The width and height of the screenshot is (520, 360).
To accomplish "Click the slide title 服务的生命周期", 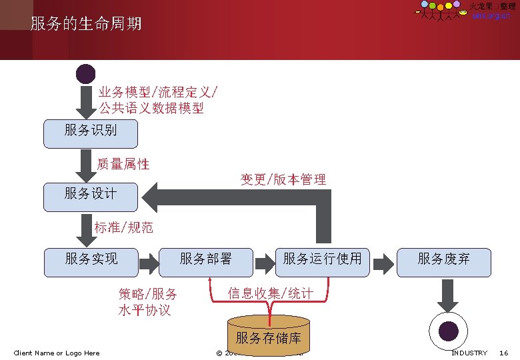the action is point(86,25).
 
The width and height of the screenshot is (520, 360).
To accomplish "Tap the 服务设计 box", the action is point(91,195).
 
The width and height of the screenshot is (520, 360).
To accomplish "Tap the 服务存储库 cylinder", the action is point(269,337).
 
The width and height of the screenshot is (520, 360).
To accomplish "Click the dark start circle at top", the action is point(86,74).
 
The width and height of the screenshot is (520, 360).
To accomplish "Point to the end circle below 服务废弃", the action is point(447,330).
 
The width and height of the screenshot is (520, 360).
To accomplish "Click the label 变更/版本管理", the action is point(283,179).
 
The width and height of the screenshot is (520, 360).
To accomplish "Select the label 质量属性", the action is point(123,164).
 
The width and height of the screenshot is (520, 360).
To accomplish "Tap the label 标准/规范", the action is point(124,228).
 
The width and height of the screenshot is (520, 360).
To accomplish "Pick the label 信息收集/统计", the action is point(270,293).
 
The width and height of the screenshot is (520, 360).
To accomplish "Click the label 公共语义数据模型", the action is point(151,108).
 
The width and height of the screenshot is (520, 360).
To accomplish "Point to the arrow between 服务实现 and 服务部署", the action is point(149,262).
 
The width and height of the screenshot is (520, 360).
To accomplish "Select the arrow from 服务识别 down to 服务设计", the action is point(86,165).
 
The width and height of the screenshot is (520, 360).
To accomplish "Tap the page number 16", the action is point(504,353).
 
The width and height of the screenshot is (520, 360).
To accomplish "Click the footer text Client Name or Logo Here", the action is point(57,353).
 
